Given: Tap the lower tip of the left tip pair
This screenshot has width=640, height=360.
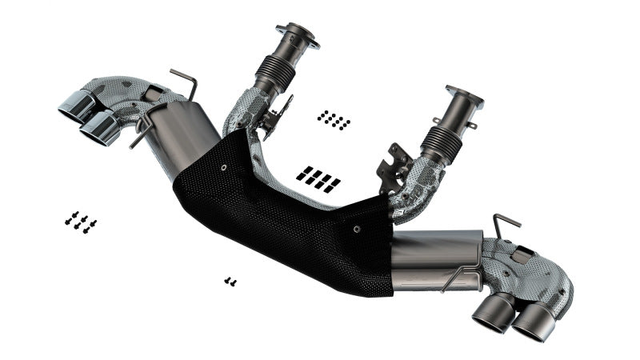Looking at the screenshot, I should click(x=102, y=128).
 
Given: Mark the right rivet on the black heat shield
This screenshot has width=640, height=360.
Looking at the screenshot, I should click(x=357, y=226).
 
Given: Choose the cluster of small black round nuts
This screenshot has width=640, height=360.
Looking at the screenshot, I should click(x=334, y=120).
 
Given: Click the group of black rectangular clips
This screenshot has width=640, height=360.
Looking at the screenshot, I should click(x=318, y=178).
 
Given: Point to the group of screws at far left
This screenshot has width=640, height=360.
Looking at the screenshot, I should click(x=81, y=221).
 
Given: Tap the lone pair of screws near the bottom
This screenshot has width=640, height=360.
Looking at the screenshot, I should click(x=230, y=281).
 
